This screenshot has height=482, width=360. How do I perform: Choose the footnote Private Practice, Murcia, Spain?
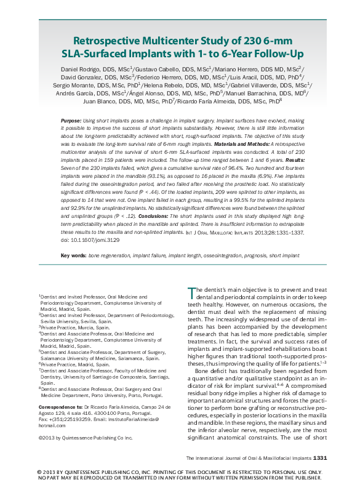(x=70, y=327)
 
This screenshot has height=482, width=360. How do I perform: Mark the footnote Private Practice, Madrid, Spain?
(x=70, y=364)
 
